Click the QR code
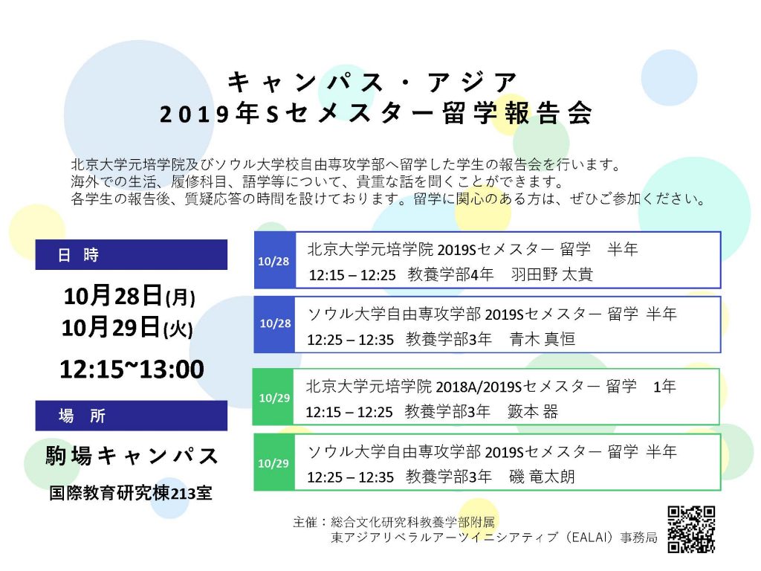coord(691,529)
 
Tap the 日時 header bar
coord(131,254)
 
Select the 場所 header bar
coord(131,416)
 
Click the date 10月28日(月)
coord(129,296)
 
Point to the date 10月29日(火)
coord(127,327)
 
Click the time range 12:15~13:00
coord(132,369)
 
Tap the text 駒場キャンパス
coord(132,456)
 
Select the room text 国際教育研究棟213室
coord(131,494)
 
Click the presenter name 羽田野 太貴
coord(552,274)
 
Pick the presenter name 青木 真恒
coord(543,339)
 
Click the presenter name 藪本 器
coord(533,411)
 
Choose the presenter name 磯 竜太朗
coord(542,477)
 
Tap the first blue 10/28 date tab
coord(275,260)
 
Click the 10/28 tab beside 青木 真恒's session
coord(275,324)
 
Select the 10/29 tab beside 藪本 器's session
coord(273,397)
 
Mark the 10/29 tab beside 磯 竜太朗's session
coord(274,462)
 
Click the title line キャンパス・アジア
coord(372,82)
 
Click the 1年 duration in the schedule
coord(664,387)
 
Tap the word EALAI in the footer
coord(591,538)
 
